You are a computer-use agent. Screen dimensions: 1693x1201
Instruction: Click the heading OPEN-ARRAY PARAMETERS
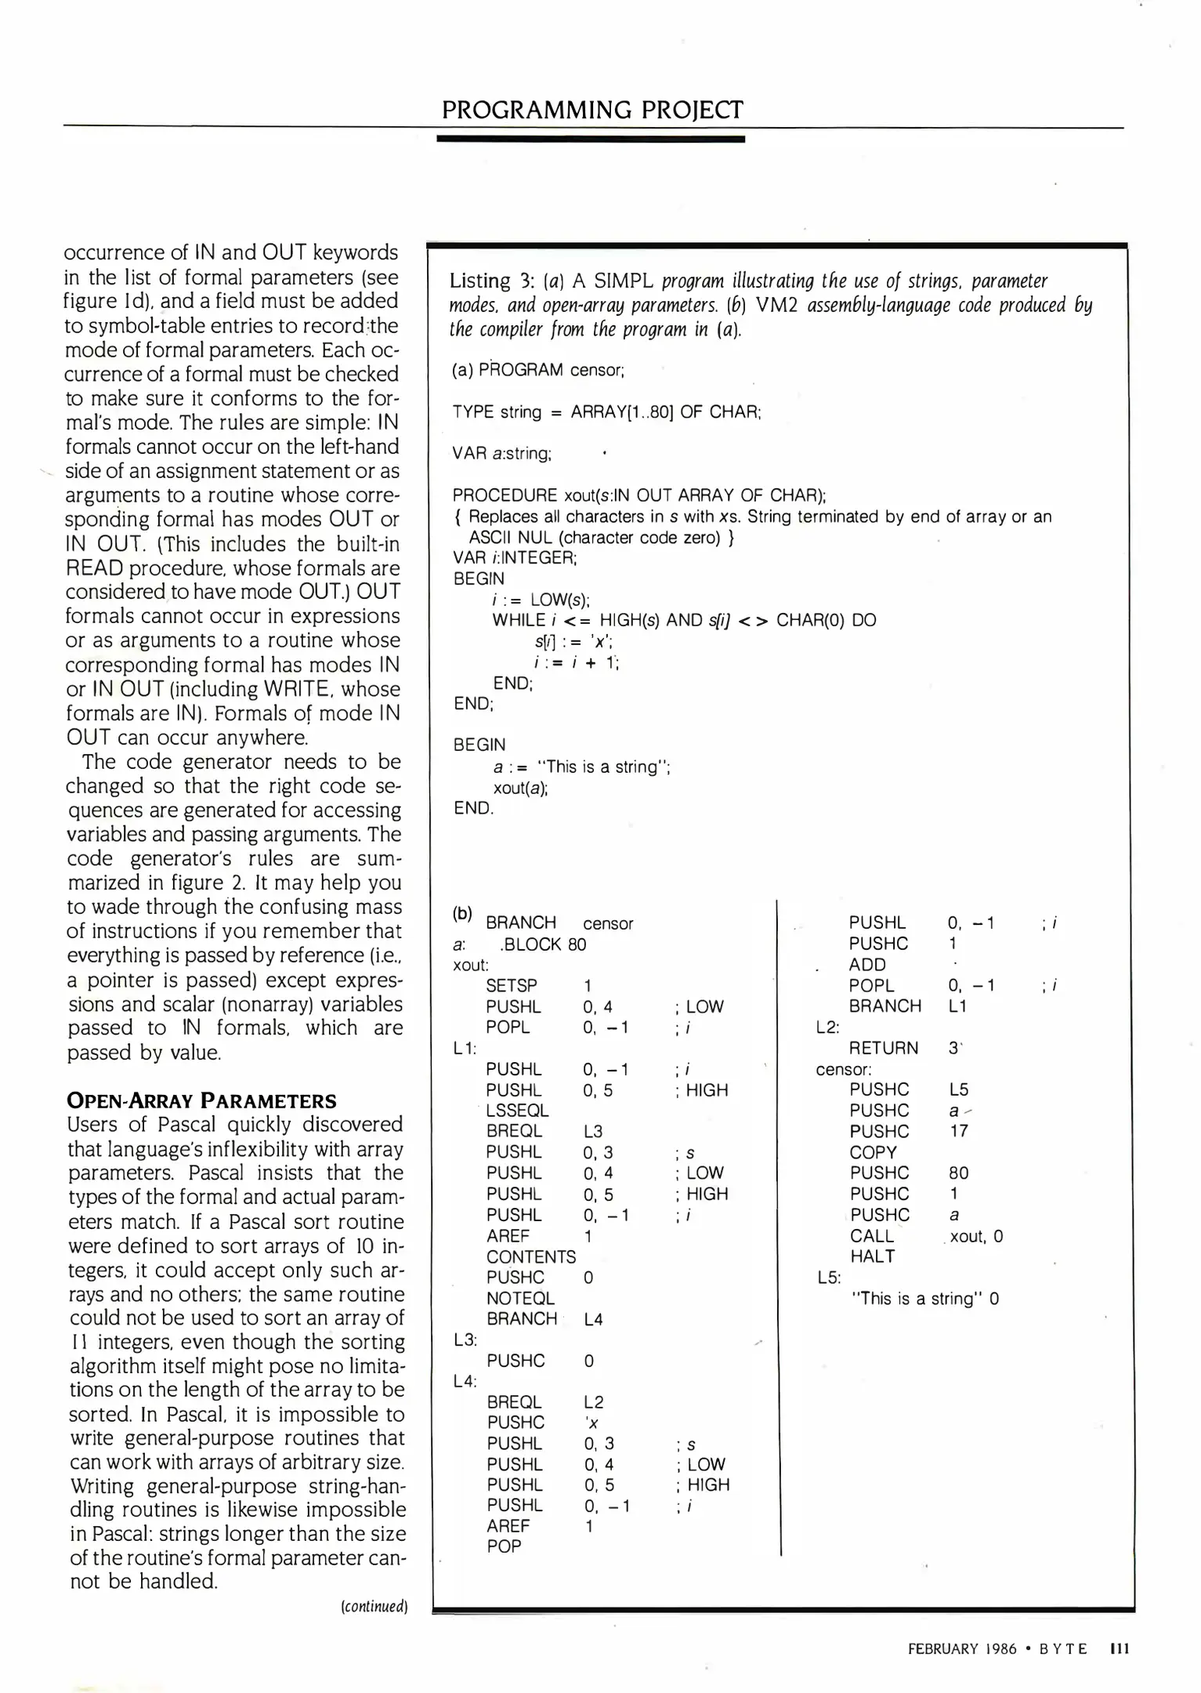[201, 1100]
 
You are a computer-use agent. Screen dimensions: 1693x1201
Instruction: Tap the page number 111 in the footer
[1120, 1649]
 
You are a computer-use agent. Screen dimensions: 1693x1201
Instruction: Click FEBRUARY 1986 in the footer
[961, 1649]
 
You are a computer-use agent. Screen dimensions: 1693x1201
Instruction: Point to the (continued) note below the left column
[374, 1607]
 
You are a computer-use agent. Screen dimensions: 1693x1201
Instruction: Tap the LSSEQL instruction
[517, 1111]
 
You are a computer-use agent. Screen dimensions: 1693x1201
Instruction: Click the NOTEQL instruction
[520, 1299]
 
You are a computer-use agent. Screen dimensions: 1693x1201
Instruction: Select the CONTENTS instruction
[530, 1256]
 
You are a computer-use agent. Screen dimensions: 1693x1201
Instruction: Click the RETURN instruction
[883, 1048]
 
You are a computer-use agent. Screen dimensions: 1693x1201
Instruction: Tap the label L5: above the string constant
[828, 1278]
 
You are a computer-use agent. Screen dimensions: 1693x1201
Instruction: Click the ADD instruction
[866, 965]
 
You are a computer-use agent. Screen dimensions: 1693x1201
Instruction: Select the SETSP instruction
[511, 986]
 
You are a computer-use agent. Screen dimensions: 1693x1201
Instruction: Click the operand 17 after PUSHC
[958, 1131]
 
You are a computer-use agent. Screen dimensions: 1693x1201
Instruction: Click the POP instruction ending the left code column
[504, 1546]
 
